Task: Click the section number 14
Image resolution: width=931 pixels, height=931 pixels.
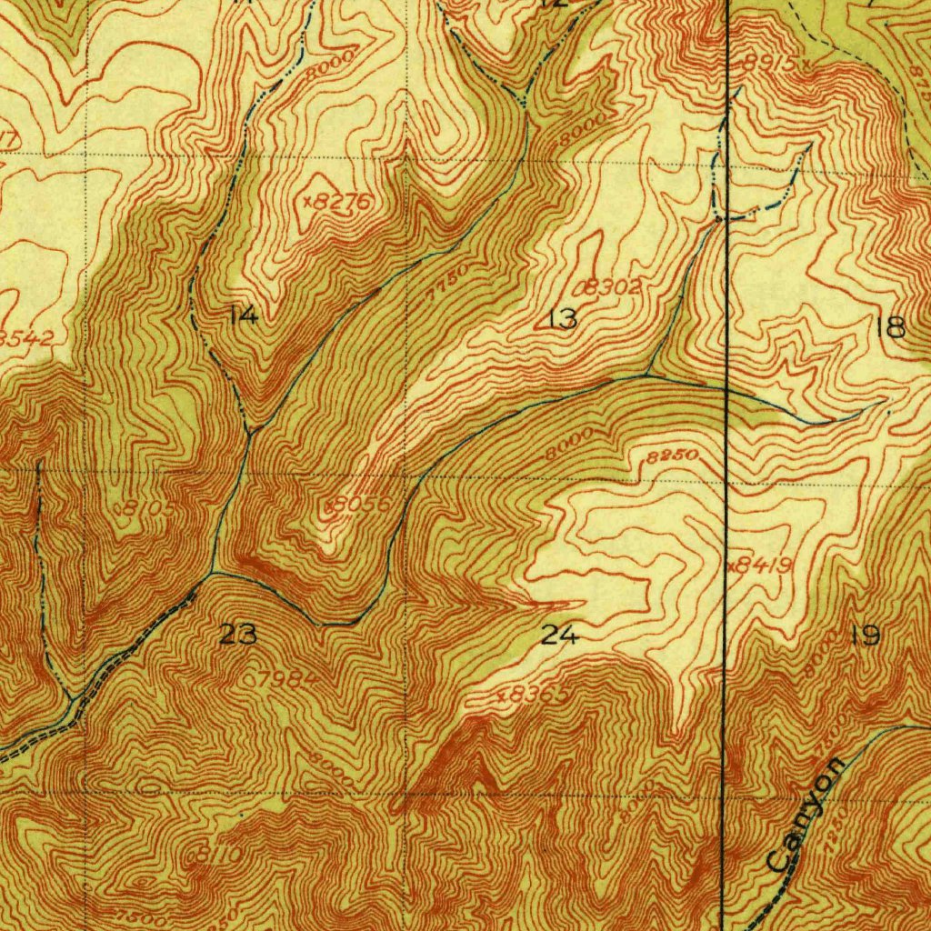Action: point(244,315)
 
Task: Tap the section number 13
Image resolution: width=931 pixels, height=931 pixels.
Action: point(563,318)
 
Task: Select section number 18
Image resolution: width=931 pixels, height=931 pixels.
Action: point(895,327)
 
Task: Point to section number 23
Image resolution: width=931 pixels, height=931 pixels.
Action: point(238,635)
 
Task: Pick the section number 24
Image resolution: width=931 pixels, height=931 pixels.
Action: point(559,636)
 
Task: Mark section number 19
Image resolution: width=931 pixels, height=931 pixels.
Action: point(864,636)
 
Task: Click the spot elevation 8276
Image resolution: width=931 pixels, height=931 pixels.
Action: point(338,202)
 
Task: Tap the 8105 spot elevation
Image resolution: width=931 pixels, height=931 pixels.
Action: point(145,508)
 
